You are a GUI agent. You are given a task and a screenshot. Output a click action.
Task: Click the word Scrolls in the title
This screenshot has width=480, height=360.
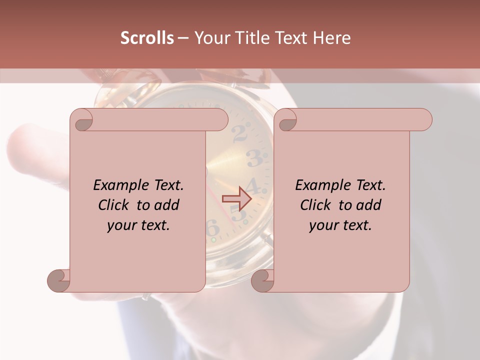click(x=147, y=38)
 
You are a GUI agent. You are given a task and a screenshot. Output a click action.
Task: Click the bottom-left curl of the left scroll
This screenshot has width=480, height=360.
click(x=58, y=280)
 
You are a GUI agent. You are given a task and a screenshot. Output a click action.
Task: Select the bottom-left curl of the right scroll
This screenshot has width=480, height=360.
click(x=262, y=280)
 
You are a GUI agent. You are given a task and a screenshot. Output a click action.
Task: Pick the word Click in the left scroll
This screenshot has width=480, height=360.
click(x=114, y=205)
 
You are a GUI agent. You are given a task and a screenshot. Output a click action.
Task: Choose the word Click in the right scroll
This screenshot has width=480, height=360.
click(x=316, y=205)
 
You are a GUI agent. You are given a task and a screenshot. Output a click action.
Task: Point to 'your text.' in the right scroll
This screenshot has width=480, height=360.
click(x=340, y=225)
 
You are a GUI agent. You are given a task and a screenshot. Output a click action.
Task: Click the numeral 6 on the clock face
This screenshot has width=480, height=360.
click(x=212, y=228)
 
